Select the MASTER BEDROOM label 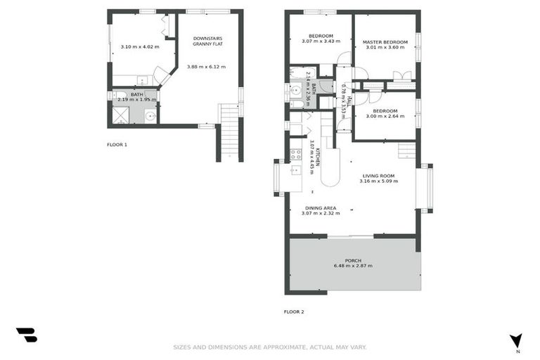coord(385,42)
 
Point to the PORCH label coord(353,260)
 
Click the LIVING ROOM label coord(379,175)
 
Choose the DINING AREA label coord(321,208)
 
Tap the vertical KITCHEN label coord(317,157)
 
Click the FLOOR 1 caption coord(117,144)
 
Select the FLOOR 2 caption coord(294,311)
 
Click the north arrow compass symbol coord(516,341)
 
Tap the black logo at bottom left coord(26,335)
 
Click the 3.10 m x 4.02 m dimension coord(139,47)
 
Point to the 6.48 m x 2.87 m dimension coord(353,266)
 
